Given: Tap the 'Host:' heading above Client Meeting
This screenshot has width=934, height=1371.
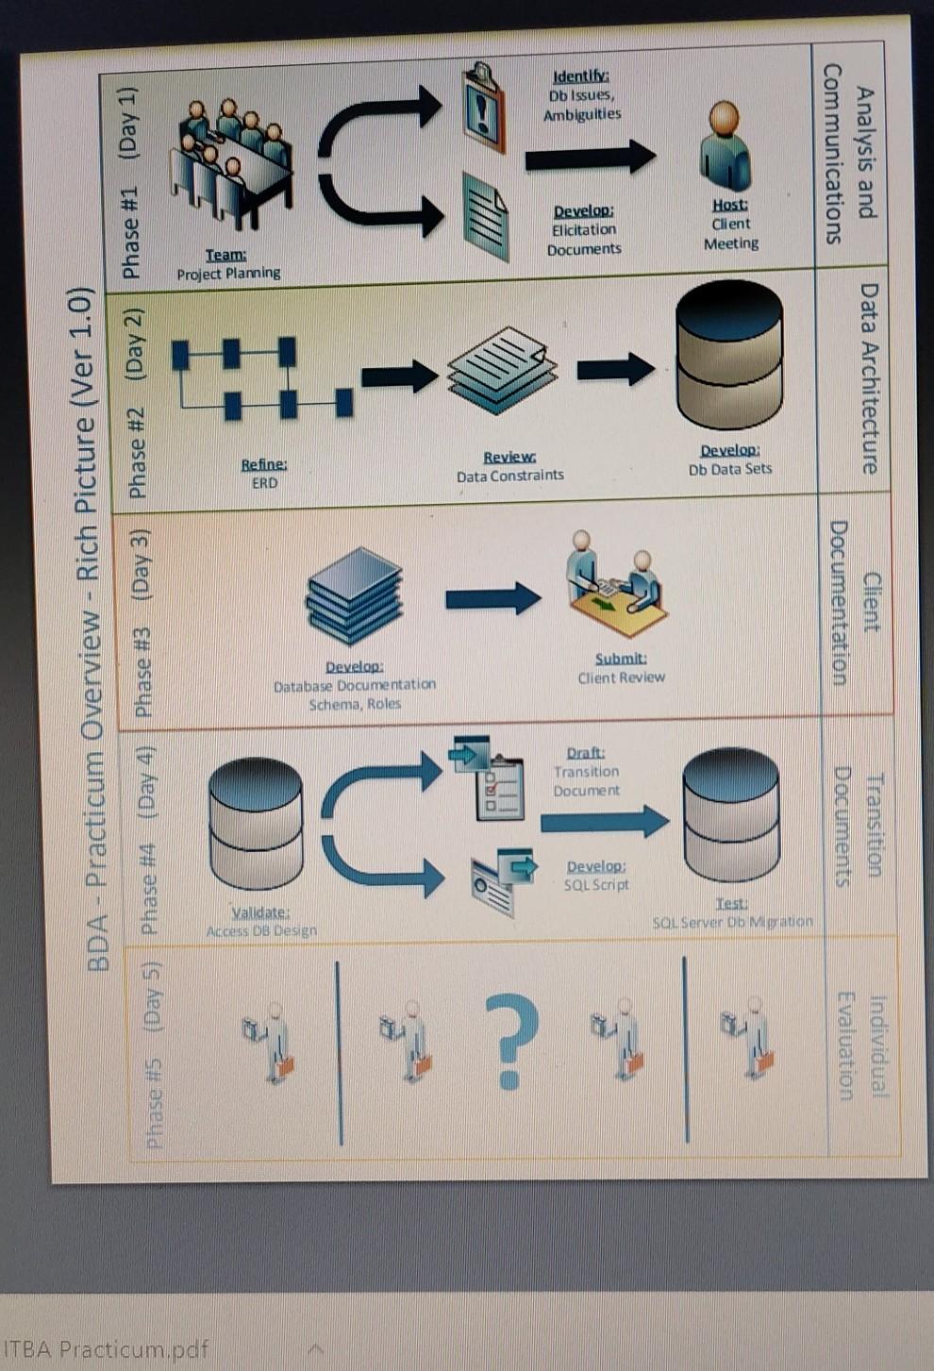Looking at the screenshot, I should click(x=730, y=204).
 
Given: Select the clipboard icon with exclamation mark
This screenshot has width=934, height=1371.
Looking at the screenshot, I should click(x=484, y=109).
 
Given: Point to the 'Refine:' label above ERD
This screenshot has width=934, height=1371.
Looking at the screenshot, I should click(x=264, y=463).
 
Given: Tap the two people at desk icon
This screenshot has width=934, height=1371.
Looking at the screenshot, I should click(x=615, y=583).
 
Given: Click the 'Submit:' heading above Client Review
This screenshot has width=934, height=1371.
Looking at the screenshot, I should click(x=621, y=658).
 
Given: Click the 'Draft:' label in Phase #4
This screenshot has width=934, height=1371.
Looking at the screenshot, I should click(x=586, y=752).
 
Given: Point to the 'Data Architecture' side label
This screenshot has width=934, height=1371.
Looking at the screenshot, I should click(x=869, y=378).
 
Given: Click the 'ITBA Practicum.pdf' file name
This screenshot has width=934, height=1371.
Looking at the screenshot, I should click(x=106, y=1348).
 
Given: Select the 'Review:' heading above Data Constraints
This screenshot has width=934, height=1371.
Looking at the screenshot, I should click(x=509, y=457).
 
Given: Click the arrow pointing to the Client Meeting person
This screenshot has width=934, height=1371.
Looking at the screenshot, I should click(x=590, y=158).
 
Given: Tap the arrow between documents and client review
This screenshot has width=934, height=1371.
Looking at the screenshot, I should click(x=492, y=598).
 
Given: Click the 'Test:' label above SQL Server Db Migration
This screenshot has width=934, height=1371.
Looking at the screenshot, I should click(x=731, y=903).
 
